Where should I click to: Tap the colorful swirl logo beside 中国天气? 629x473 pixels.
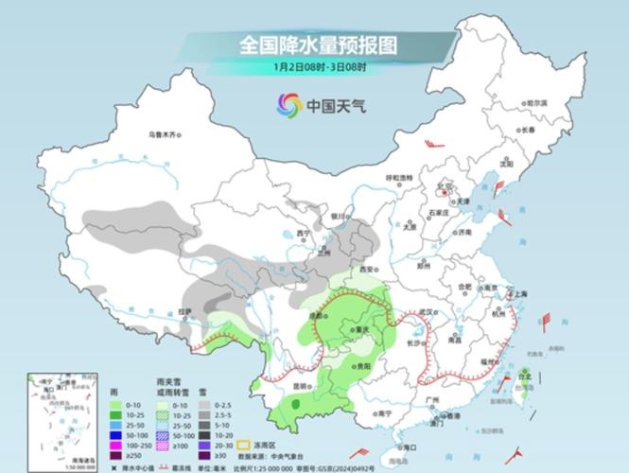[288, 105]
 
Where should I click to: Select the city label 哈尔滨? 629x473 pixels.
[536, 102]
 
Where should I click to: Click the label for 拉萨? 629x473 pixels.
[185, 310]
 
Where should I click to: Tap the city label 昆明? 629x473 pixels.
[301, 387]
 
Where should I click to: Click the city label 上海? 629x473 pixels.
[516, 294]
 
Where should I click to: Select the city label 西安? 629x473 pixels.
[365, 270]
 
